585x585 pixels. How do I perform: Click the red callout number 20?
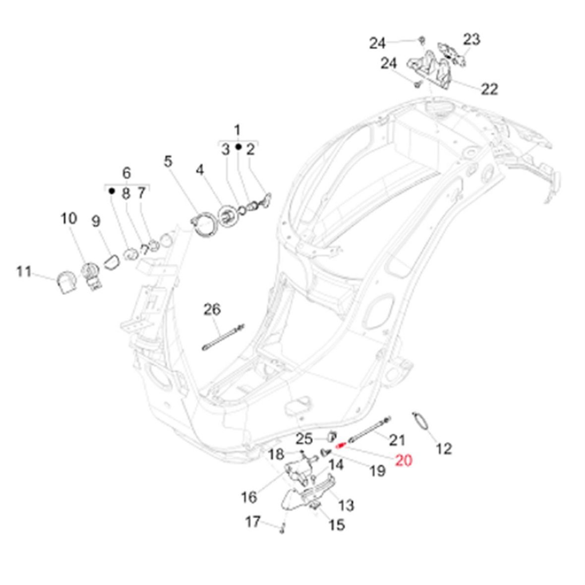pos(404,461)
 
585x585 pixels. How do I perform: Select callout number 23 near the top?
pos(471,39)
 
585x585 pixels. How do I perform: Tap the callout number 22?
pos(489,89)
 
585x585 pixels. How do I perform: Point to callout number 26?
pos(212,310)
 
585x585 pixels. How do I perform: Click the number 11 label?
pos(23,272)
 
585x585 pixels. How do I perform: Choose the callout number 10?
pos(69,218)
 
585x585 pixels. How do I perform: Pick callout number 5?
pos(169,162)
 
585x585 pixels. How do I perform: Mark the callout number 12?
pos(444,449)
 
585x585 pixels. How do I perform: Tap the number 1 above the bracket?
pos(237,130)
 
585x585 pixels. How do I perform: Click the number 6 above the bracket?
pos(126,173)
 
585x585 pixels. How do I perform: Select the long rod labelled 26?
pos(223,337)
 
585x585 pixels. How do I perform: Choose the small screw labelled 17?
pos(281,530)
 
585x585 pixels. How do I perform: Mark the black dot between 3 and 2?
pos(238,148)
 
